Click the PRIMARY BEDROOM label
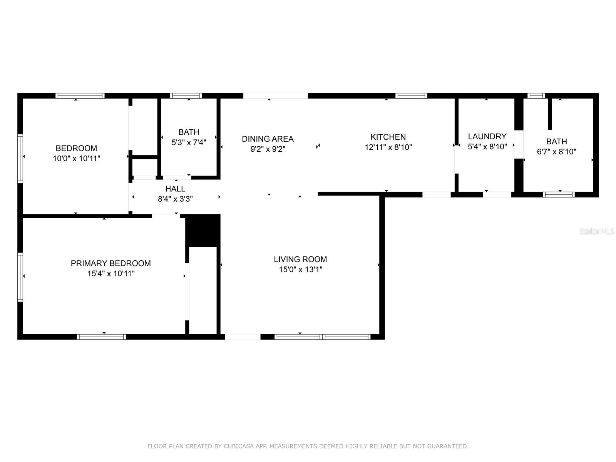tap(110, 263)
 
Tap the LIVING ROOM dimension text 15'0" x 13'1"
tap(300, 269)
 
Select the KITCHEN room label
tap(388, 137)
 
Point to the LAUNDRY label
tap(487, 136)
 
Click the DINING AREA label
tap(268, 139)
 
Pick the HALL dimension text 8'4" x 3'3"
tap(175, 199)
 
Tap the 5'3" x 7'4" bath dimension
tap(189, 142)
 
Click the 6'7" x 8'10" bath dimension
tap(556, 152)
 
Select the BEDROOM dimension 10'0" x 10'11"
tap(76, 158)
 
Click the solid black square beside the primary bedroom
tap(203, 230)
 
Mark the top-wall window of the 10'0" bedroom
tap(80, 96)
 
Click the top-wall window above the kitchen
tap(411, 96)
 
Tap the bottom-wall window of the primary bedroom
tap(101, 337)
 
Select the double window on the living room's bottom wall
tap(323, 337)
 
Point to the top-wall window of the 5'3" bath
tap(186, 96)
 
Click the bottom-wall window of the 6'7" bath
tap(559, 194)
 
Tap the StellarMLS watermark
tap(597, 231)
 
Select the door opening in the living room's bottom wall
tap(243, 337)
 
